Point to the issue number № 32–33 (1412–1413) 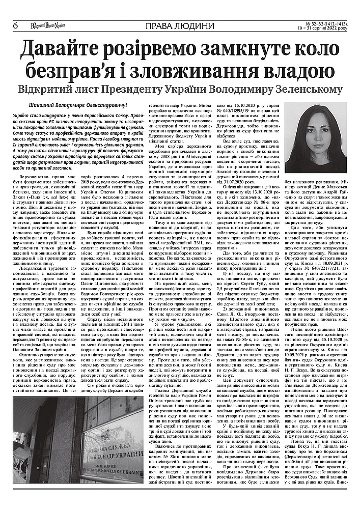pos(315,23)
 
